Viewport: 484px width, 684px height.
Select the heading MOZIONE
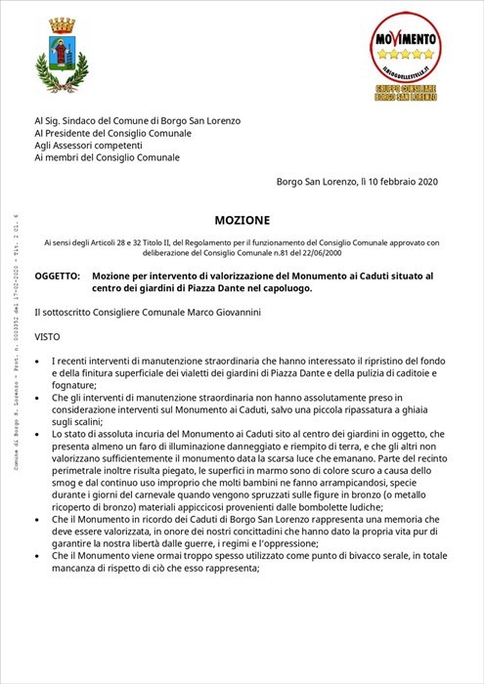coord(242,221)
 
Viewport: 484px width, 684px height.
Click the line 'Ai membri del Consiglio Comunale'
coord(107,157)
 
